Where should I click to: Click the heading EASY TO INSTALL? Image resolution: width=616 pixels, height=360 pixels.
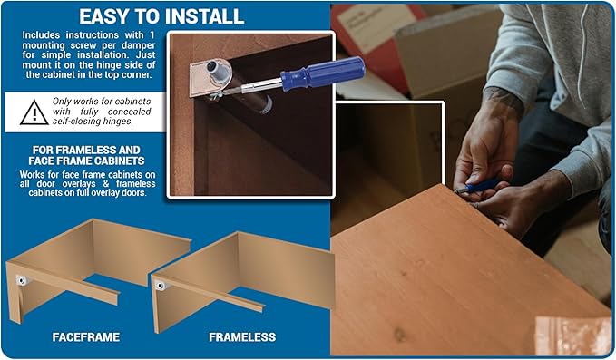tap(161, 16)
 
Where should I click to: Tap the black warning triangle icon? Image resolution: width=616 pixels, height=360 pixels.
tap(34, 112)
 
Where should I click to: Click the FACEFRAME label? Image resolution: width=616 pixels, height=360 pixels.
tap(86, 336)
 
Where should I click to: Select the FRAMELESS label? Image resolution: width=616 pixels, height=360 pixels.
tap(242, 336)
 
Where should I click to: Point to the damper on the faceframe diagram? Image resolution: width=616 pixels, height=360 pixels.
tap(22, 280)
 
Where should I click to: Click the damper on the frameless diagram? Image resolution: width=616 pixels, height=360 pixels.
tap(161, 286)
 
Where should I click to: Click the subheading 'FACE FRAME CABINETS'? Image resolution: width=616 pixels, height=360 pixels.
tap(86, 161)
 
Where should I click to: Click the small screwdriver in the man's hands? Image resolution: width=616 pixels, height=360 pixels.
tap(477, 187)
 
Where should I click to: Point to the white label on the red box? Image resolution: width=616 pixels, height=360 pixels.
tap(376, 26)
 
